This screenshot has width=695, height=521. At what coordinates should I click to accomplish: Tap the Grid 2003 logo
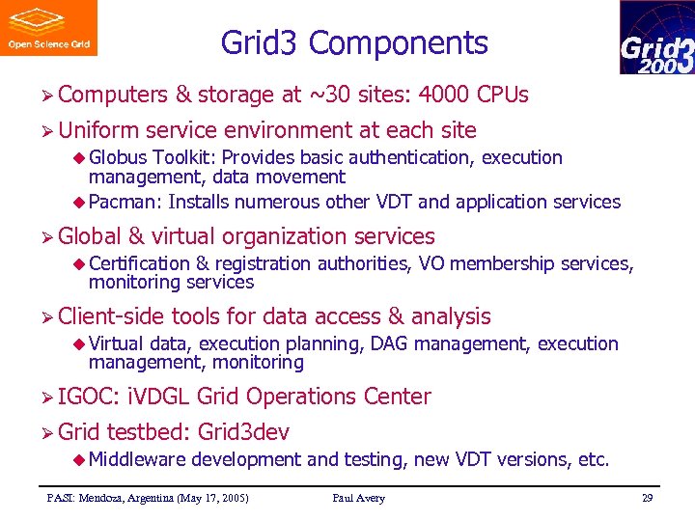click(x=656, y=38)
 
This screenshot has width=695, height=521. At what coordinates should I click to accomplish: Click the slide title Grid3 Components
click(x=354, y=43)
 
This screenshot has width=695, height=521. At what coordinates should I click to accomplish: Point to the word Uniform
click(x=98, y=130)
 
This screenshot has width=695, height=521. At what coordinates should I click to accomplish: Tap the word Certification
click(x=139, y=263)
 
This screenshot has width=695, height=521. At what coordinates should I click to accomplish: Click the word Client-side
click(x=111, y=316)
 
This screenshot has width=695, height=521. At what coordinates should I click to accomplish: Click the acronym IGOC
click(x=86, y=397)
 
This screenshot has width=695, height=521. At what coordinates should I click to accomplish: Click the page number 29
click(x=647, y=498)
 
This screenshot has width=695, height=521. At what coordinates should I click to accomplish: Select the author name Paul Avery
click(x=358, y=498)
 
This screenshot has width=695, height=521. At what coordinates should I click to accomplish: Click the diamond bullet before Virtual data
click(x=80, y=344)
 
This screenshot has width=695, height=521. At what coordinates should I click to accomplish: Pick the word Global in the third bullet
click(x=90, y=236)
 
